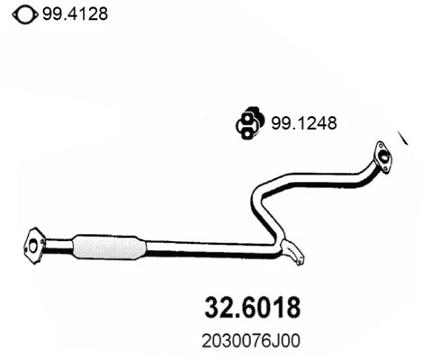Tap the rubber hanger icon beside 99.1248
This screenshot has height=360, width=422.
247,122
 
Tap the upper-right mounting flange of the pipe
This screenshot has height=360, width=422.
383,157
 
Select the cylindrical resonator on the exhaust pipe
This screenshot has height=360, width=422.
108,246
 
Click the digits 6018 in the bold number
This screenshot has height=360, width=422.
269,307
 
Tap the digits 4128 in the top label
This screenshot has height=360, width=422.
84,13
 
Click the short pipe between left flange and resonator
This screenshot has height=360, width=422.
58,243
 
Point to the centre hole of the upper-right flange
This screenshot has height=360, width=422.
385,159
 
